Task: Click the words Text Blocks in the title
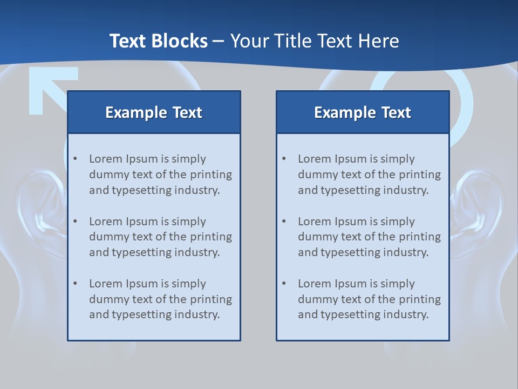click(x=158, y=41)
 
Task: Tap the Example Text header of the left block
click(x=154, y=112)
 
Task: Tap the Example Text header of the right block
click(x=363, y=112)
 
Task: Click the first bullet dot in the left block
click(x=76, y=159)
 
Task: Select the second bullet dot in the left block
click(x=76, y=222)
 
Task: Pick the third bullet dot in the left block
click(x=76, y=284)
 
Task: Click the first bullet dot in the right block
click(x=284, y=159)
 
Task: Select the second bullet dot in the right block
click(x=284, y=222)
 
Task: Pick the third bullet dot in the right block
click(x=284, y=284)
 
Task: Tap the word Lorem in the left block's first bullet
click(x=105, y=159)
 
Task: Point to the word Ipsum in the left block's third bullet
click(x=142, y=284)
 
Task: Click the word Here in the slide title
click(x=381, y=41)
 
